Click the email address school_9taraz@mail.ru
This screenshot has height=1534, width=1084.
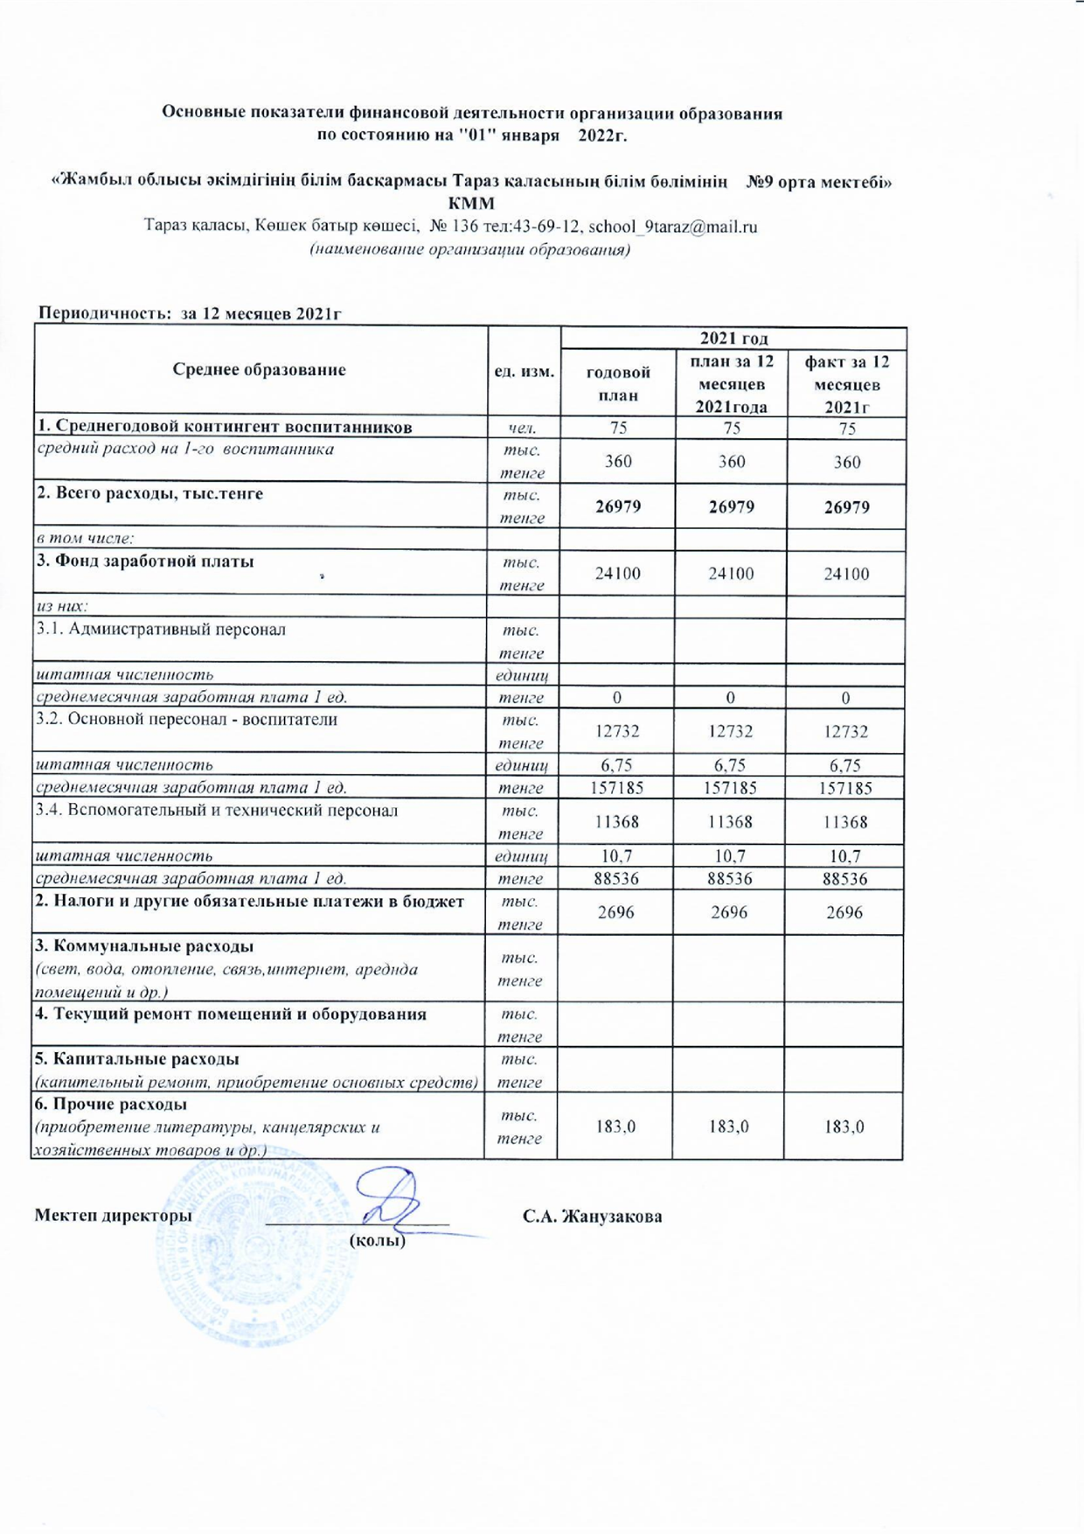coord(672,227)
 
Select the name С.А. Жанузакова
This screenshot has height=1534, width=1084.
coord(592,1217)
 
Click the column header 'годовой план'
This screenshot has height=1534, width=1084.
coord(618,383)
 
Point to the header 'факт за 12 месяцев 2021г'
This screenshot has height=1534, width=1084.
coord(846,384)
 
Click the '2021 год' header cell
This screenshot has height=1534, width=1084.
coord(733,338)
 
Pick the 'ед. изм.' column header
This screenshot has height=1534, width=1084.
coord(524,371)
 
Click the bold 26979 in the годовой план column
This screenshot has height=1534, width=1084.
coord(618,507)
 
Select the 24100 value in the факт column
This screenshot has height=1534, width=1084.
coord(846,574)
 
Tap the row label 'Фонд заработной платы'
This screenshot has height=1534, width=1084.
coord(145,561)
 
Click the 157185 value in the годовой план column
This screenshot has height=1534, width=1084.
coord(618,788)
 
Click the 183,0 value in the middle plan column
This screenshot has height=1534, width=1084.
coord(729,1126)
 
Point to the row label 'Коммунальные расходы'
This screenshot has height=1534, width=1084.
coord(145,946)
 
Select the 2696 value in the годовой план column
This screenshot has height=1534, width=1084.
coord(616,912)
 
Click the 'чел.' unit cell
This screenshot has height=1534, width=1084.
coord(523,428)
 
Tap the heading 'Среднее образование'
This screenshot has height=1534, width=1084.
coord(259,370)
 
